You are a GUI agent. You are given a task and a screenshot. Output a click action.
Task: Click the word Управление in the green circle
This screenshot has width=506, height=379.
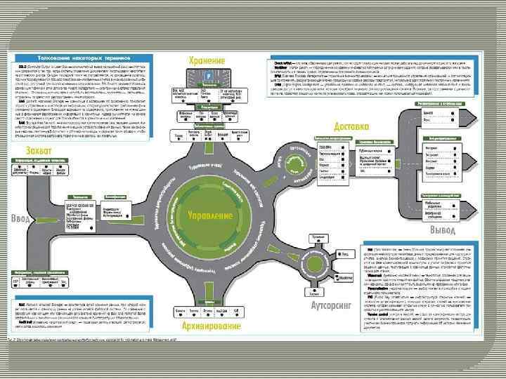[211, 215]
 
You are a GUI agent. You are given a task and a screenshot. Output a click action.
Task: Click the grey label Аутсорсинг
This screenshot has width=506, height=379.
[330, 306]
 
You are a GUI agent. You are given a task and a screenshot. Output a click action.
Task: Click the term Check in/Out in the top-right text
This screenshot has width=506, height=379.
[283, 62]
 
